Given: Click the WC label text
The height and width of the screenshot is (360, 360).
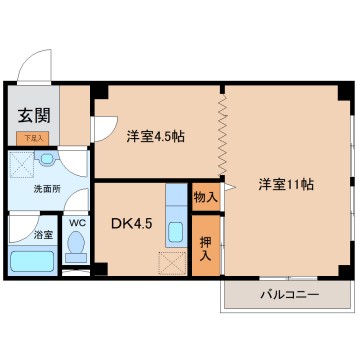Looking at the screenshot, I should pyautogui.click(x=75, y=226).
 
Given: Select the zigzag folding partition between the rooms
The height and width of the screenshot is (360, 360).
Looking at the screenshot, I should pyautogui.click(x=223, y=135).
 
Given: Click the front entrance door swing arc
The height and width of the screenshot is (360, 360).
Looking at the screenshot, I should pyautogui.click(x=38, y=68).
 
